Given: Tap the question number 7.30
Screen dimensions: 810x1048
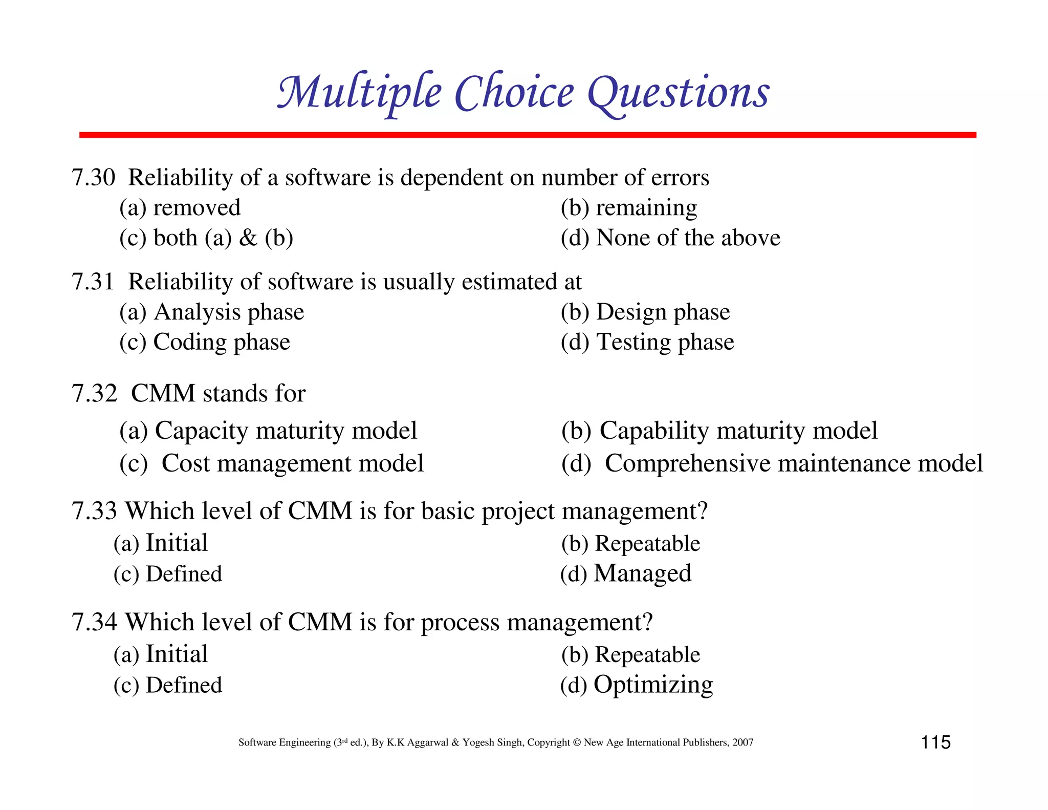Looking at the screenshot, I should coord(93,178).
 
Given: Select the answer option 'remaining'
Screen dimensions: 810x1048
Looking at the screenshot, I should coord(646,208).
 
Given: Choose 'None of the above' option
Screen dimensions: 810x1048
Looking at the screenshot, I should coord(688,238).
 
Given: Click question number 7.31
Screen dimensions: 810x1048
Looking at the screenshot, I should coord(93,282).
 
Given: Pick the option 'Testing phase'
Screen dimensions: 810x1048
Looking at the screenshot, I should coord(665,342).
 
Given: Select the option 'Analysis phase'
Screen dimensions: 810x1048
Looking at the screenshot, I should coord(229,312).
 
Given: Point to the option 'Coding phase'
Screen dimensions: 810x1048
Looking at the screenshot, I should coord(222,342).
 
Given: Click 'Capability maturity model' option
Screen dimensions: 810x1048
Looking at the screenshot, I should coord(738,431).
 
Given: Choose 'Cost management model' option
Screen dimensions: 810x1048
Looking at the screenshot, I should coord(292,463).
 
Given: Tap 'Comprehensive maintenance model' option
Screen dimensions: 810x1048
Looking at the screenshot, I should coord(793,463).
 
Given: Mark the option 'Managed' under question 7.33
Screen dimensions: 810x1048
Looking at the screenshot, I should coord(642,573).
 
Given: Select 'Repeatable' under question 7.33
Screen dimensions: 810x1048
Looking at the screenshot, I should coord(647,544).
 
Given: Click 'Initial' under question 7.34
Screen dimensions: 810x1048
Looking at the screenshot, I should coord(177,654).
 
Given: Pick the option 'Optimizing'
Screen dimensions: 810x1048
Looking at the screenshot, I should coord(653,685).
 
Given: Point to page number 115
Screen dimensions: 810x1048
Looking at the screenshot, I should coord(935,742).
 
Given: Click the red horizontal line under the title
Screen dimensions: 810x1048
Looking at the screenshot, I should coord(527,135).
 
